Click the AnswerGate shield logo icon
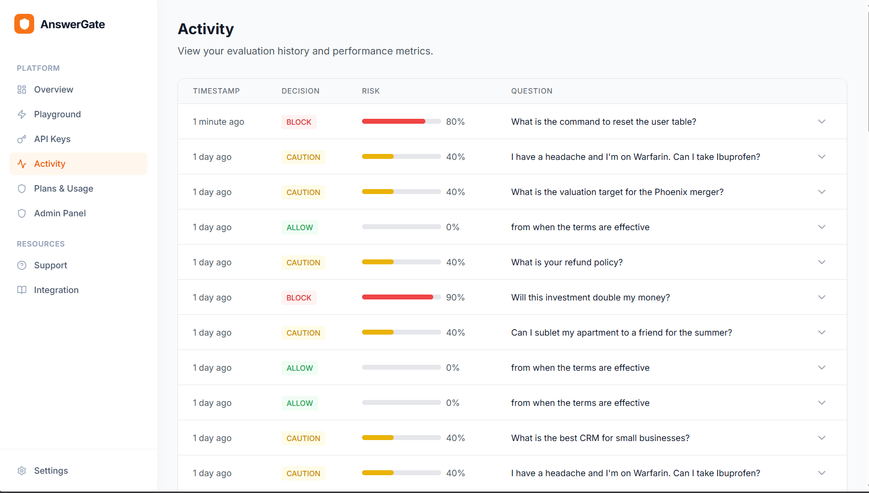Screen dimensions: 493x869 tap(24, 24)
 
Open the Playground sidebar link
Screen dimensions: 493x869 tap(57, 114)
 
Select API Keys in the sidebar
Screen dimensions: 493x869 tap(52, 139)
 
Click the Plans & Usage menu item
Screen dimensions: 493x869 tap(63, 189)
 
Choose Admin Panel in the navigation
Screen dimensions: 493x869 tap(60, 213)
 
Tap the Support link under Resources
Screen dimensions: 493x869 tap(50, 265)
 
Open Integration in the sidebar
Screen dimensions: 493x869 tap(56, 290)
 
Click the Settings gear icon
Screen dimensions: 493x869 tap(22, 471)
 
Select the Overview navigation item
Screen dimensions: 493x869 tap(53, 90)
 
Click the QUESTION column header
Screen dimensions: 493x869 tap(532, 91)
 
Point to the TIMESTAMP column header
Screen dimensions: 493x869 tap(216, 91)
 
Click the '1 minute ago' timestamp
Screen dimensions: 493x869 tap(219, 122)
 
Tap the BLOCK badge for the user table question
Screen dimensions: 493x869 tap(299, 122)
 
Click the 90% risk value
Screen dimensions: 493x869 tap(455, 297)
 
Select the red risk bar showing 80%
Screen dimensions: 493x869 tap(394, 121)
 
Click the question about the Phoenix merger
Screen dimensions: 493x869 tap(617, 192)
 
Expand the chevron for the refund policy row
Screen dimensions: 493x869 tap(822, 262)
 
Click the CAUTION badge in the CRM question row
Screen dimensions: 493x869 tap(303, 438)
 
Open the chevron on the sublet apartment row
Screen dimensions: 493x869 tap(822, 333)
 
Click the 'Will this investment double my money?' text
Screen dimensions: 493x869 tap(591, 297)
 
